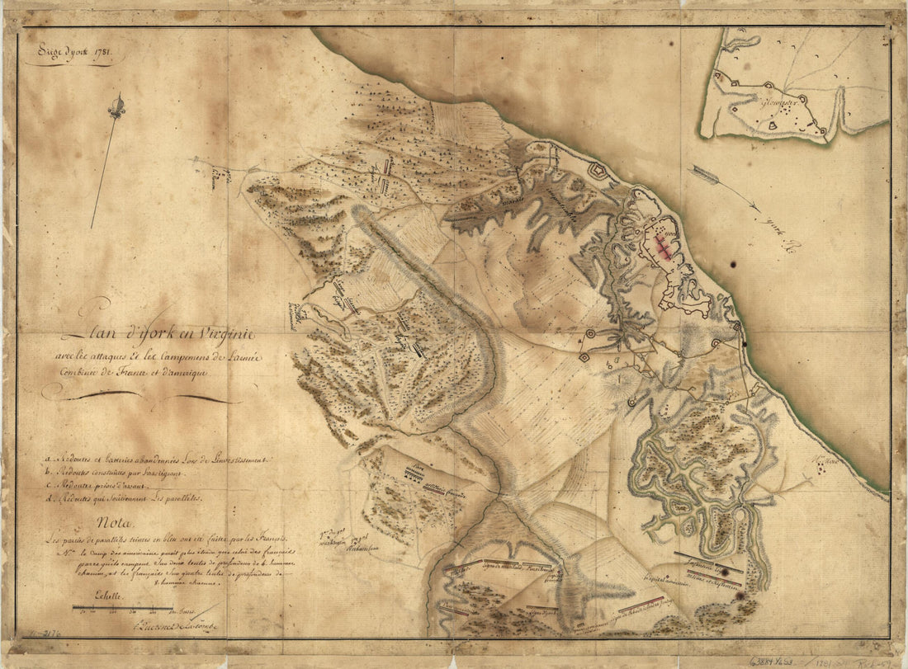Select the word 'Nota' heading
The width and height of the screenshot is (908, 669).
112,521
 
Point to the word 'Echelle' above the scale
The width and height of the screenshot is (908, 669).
106,595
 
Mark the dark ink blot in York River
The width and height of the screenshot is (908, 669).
733,266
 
